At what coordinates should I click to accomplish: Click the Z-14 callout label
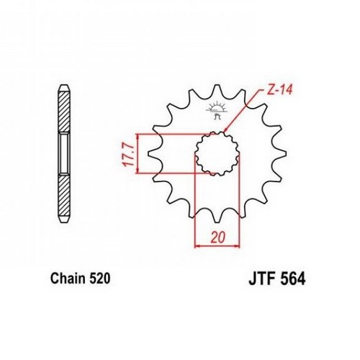pyautogui.click(x=279, y=91)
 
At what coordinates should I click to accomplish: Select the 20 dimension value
pyautogui.click(x=218, y=238)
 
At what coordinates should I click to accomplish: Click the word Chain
pyautogui.click(x=68, y=279)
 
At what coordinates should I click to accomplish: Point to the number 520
pyautogui.click(x=100, y=279)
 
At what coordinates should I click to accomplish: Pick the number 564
pyautogui.click(x=292, y=279)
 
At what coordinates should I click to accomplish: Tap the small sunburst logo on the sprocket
pyautogui.click(x=217, y=110)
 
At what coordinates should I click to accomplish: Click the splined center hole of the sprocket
pyautogui.click(x=217, y=153)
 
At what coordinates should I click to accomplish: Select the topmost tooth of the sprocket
pyautogui.click(x=217, y=90)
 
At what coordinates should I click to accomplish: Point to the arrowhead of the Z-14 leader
pyautogui.click(x=225, y=130)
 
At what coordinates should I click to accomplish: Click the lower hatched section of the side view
pyautogui.click(x=65, y=195)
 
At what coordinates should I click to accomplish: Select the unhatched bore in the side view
pyautogui.click(x=65, y=153)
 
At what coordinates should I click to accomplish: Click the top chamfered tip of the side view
pyautogui.click(x=65, y=88)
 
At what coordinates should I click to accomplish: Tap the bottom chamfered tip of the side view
pyautogui.click(x=65, y=219)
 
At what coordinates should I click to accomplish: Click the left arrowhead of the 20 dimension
pyautogui.click(x=197, y=246)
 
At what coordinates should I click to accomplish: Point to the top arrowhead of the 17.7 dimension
pyautogui.click(x=138, y=136)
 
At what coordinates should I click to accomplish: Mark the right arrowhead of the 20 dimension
pyautogui.click(x=238, y=246)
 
